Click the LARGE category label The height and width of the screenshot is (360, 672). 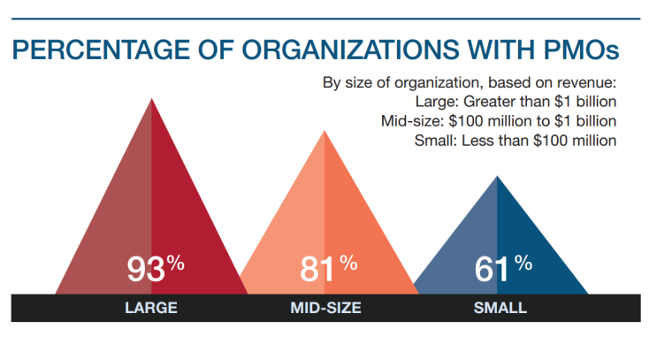tap(151, 309)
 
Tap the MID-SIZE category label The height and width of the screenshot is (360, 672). tap(325, 309)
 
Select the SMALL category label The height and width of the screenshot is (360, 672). tap(500, 309)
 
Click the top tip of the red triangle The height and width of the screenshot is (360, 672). tap(151, 98)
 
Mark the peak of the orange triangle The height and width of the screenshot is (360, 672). tap(325, 132)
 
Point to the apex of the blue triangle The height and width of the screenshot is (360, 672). tap(498, 177)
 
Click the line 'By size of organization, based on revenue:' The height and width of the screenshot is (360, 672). tap(470, 83)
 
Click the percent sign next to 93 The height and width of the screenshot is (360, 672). tap(177, 263)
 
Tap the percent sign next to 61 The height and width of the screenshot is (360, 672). tap(523, 263)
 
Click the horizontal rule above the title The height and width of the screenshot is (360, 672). tap(325, 18)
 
